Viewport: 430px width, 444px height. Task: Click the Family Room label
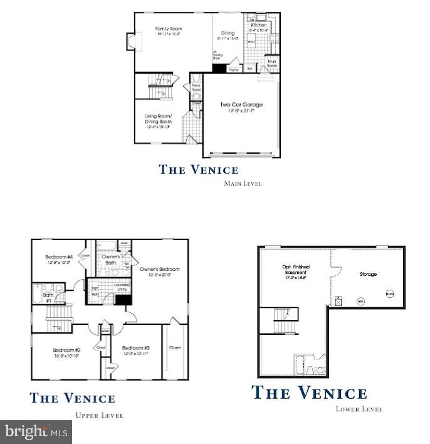click(169, 29)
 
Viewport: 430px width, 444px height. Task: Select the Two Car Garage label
click(241, 105)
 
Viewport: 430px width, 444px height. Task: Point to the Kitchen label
click(258, 25)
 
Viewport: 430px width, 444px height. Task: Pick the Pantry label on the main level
click(234, 69)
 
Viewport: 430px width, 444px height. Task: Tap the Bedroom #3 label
click(135, 349)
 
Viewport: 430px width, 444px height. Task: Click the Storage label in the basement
click(368, 274)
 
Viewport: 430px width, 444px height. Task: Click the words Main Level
click(243, 184)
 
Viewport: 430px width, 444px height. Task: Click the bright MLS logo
click(36, 431)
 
